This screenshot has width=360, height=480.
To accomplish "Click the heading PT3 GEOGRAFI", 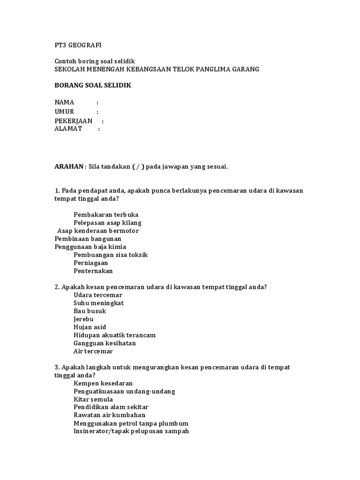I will coord(78,45).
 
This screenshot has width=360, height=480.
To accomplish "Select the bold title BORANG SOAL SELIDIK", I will coord(93,85).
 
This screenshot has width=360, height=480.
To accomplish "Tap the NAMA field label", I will coord(65,102).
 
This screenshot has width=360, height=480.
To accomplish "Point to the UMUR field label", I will coord(65,112).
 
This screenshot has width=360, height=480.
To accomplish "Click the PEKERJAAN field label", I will coord(74,121).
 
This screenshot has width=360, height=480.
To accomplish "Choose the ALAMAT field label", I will coord(68,129).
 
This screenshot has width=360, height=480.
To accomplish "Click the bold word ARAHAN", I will coord(69,167).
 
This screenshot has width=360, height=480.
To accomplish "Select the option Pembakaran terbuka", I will coord(106,215).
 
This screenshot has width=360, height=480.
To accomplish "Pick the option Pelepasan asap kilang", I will coord(107,223).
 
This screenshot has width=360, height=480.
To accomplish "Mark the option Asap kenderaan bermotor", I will coord(98,231).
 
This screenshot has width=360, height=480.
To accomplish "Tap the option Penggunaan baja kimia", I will coord(90,247).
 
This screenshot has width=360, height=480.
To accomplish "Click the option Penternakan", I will coord(93,271).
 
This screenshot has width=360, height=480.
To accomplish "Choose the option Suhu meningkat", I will coord(98,303).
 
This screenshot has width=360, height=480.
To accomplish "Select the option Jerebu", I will coord(83,319).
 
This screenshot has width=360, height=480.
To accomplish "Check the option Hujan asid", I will coord(90,327).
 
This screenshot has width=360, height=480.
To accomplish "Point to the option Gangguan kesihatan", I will coord(105,343).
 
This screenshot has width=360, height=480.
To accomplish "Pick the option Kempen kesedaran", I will coord(103,383).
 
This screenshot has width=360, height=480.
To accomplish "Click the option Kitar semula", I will coord(93,399).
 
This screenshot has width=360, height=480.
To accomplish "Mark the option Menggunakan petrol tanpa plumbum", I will coord(131,423).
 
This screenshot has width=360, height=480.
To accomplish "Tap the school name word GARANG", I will coord(244,69).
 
